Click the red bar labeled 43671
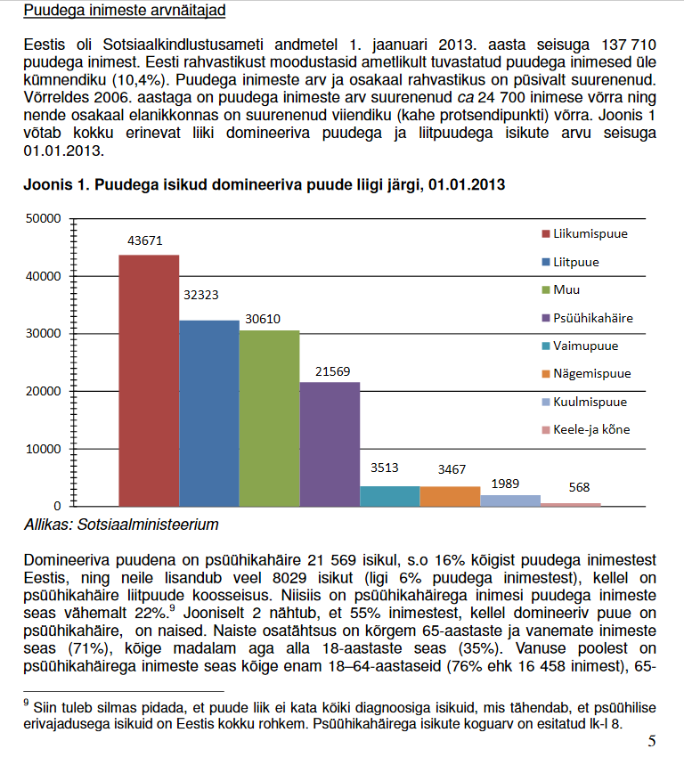click(149, 380)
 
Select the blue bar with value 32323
click(209, 413)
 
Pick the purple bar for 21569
click(330, 444)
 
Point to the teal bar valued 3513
click(389, 496)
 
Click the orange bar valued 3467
click(450, 496)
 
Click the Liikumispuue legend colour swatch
click(545, 234)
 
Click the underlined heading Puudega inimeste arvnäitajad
click(124, 11)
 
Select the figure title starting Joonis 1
click(265, 185)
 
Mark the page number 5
click(652, 741)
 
